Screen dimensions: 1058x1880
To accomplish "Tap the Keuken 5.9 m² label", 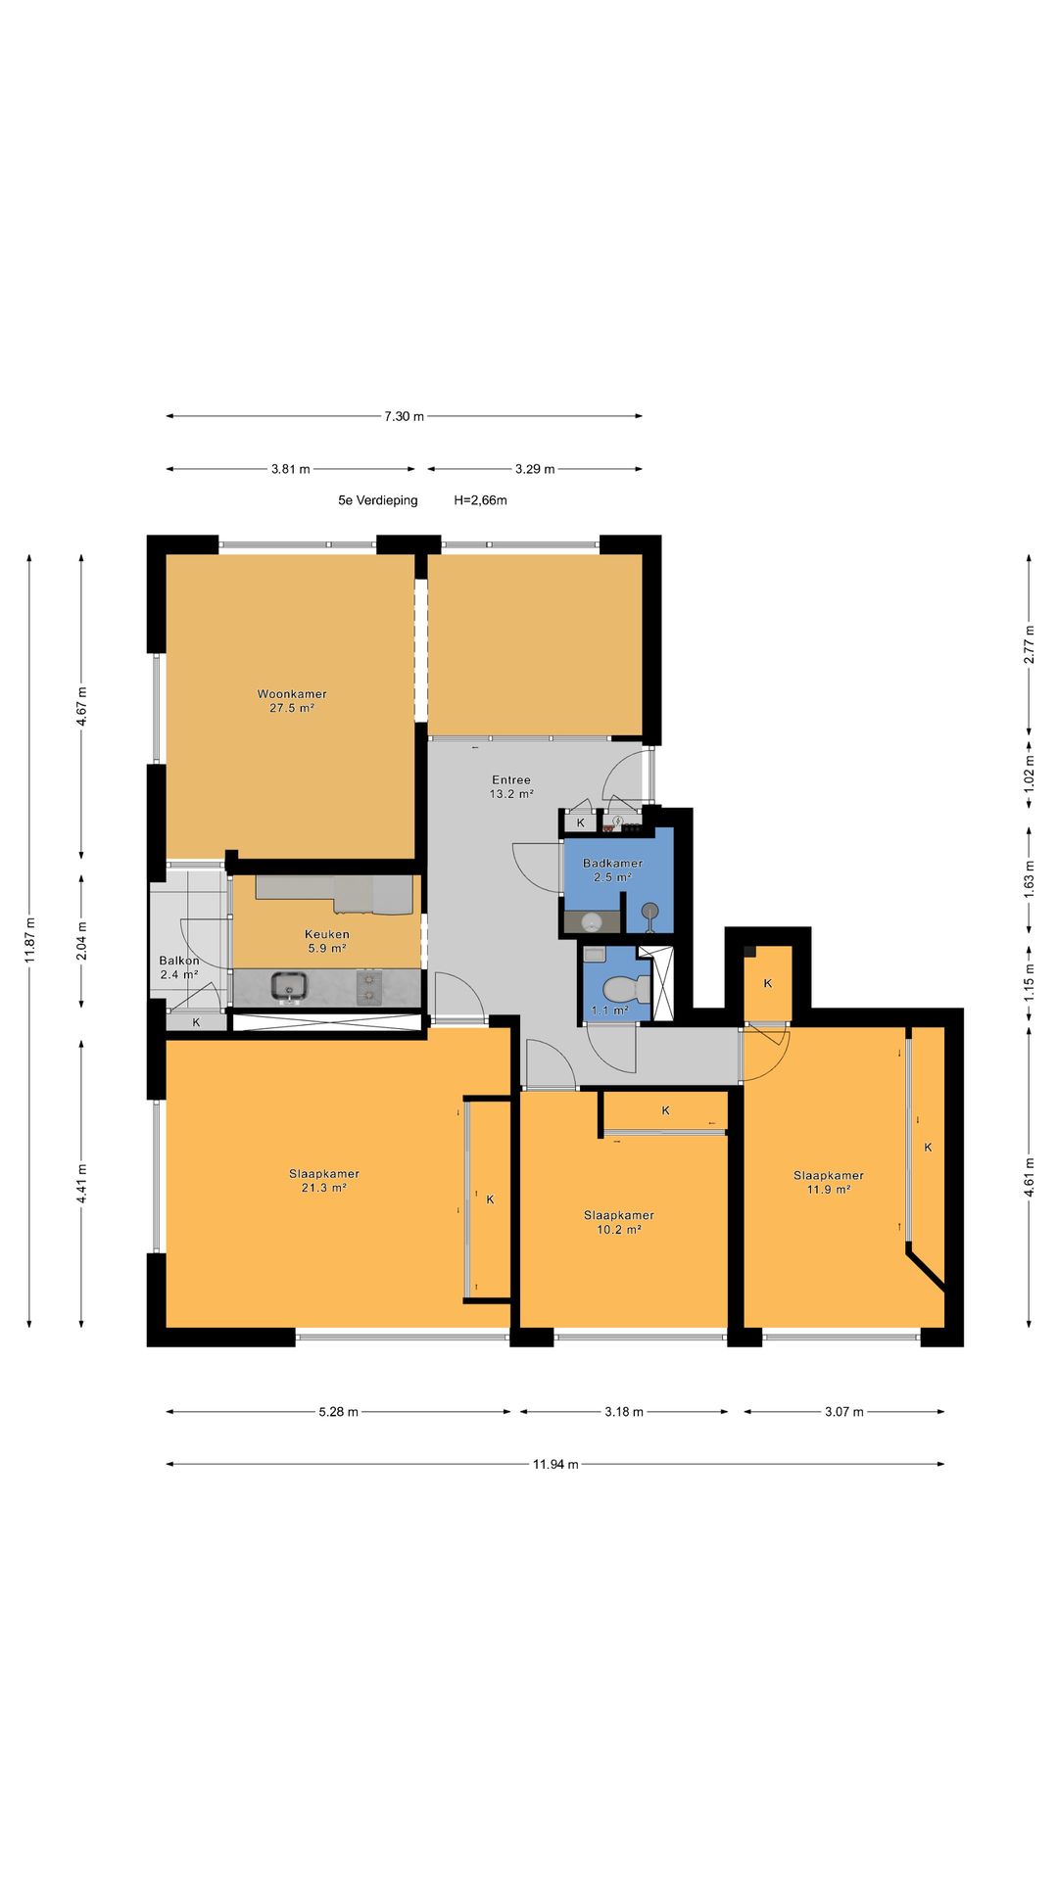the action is (327, 941).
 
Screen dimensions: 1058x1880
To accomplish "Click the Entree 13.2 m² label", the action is (511, 786).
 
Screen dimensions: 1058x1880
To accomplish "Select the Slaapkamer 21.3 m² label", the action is (324, 1180).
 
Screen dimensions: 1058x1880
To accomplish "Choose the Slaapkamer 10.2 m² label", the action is (619, 1222).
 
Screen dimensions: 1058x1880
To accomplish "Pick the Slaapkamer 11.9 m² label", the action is (829, 1182).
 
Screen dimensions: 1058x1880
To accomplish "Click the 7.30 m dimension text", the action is (404, 416).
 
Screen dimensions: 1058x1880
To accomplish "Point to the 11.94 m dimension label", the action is (555, 1464).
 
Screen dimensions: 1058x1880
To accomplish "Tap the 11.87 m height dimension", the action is (29, 940).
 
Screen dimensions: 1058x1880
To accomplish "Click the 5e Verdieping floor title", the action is (378, 500).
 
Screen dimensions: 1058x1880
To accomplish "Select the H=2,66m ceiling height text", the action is (481, 500).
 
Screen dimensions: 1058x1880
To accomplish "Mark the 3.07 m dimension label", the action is (843, 1411).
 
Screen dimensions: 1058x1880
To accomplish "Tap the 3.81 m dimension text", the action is (292, 469).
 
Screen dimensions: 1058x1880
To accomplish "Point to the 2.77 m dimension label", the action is (1029, 644).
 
